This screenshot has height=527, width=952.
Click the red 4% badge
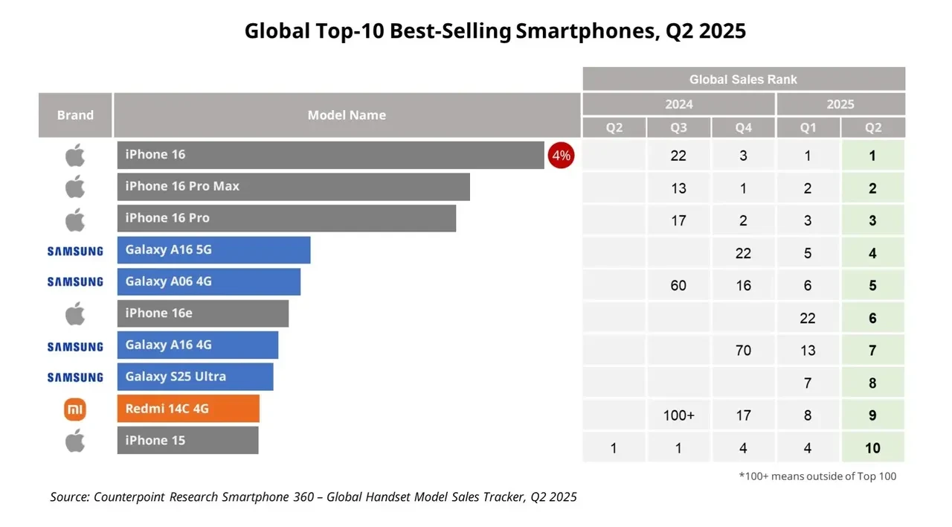[x=561, y=156]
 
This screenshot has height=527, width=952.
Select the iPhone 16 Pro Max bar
[x=293, y=187]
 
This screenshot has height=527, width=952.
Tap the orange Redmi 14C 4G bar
[x=188, y=409]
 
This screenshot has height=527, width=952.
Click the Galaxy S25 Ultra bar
[x=195, y=377]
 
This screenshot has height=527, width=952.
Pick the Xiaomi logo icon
[x=75, y=409]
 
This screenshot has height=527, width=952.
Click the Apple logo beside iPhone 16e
[x=75, y=313]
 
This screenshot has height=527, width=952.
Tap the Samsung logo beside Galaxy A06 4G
[x=75, y=282]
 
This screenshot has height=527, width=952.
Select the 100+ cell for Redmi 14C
[x=678, y=415]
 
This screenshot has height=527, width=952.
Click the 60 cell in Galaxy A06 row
[x=678, y=285]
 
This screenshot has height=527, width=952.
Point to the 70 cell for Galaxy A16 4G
[x=743, y=350]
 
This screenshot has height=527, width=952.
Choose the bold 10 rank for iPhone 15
[x=872, y=447]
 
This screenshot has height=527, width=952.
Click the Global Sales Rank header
[x=743, y=79]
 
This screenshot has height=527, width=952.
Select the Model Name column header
[x=347, y=115]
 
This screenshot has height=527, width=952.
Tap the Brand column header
[x=75, y=115]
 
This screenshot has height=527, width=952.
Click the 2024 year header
[x=678, y=104]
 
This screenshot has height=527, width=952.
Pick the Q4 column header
[x=743, y=127]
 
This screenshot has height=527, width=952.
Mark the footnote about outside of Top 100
[x=817, y=476]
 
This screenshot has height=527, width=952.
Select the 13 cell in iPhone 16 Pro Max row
[x=678, y=188]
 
